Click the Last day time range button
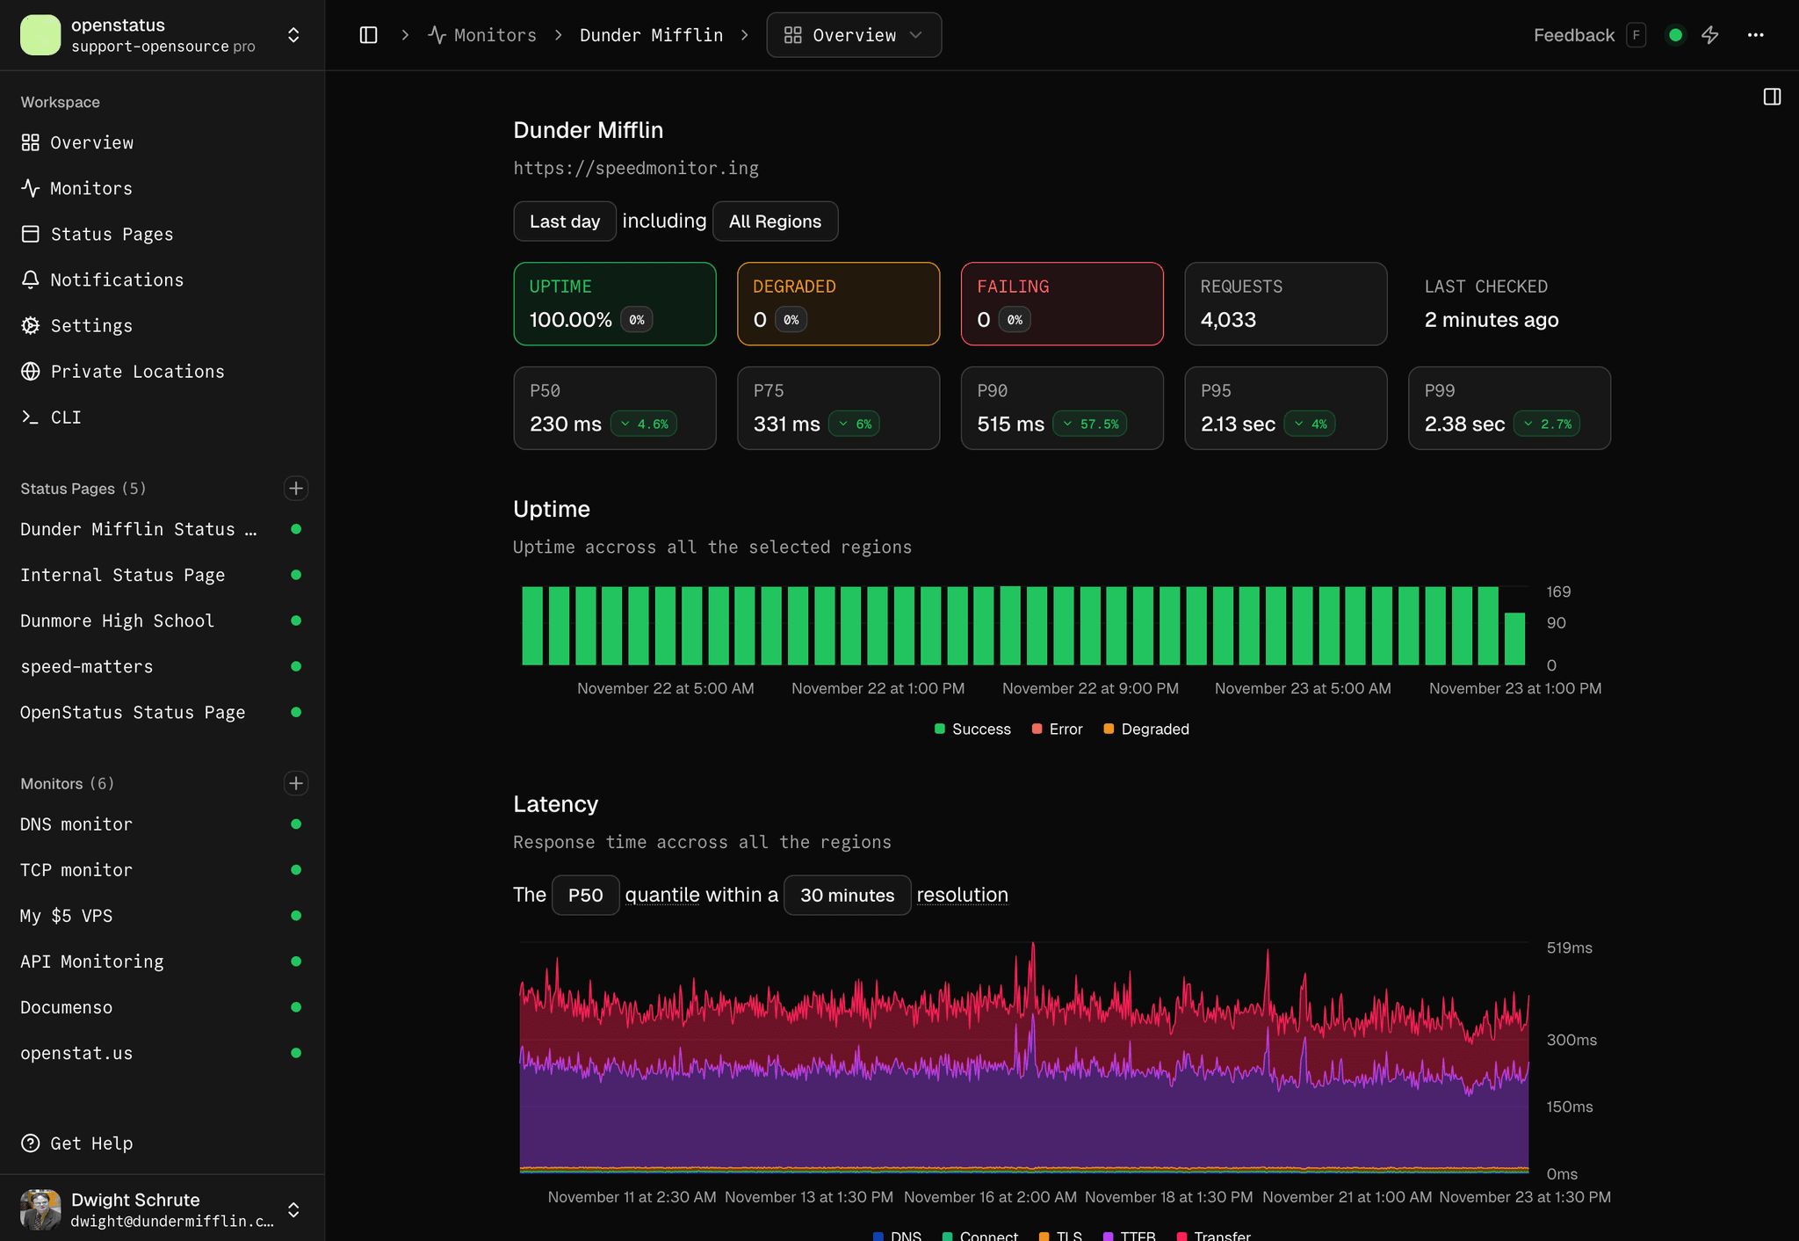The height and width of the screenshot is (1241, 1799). [565, 221]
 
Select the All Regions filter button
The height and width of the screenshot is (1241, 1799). [775, 221]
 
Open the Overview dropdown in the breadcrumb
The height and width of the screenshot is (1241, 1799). [854, 35]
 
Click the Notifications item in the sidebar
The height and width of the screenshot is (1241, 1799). [117, 279]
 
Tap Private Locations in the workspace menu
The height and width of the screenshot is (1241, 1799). [137, 371]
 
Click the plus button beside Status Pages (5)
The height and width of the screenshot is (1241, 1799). [296, 489]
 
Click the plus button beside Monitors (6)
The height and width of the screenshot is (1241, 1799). [296, 783]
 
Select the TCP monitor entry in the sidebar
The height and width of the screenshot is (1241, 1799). [76, 870]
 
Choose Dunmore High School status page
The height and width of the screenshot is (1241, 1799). [117, 620]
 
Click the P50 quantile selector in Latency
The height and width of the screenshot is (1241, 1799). [585, 895]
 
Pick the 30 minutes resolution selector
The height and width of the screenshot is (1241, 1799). [847, 895]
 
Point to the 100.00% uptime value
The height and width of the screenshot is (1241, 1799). [570, 320]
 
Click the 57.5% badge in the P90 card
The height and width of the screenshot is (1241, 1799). [1090, 424]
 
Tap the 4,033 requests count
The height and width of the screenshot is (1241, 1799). [1228, 320]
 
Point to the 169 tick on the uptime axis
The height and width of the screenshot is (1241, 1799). [1558, 591]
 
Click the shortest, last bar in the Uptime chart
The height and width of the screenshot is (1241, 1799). [1514, 639]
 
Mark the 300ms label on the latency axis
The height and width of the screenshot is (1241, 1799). [1571, 1040]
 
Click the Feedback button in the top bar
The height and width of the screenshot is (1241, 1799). [1573, 35]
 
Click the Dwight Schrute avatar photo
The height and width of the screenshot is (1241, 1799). [40, 1209]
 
